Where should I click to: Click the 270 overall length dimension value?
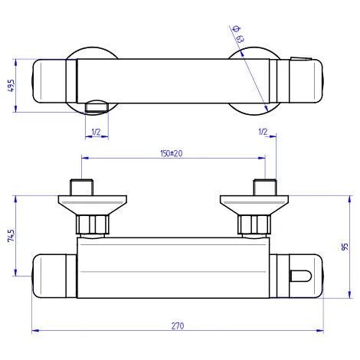(178, 326)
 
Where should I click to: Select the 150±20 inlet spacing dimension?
(171, 153)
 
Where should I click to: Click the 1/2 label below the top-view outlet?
(96, 133)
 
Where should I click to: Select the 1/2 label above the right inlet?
(263, 133)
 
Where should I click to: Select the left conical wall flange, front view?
(84, 205)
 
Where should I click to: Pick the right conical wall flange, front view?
(254, 205)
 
